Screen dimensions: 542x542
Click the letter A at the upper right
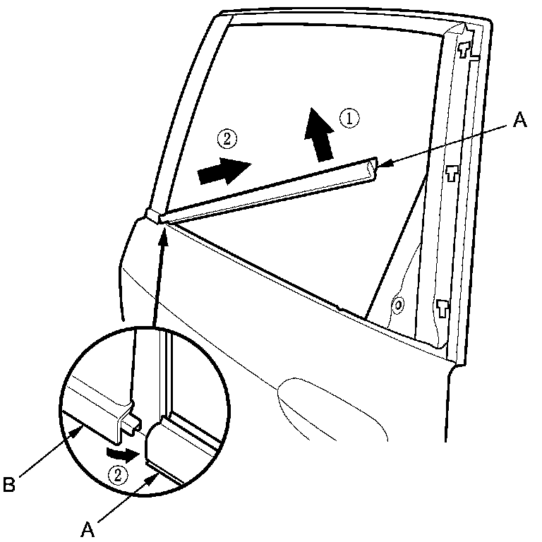click(519, 121)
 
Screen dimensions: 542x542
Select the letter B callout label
click(10, 485)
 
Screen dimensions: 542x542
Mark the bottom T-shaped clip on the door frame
click(442, 307)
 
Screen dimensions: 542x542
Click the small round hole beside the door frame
click(399, 306)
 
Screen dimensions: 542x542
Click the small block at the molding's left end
click(152, 215)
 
